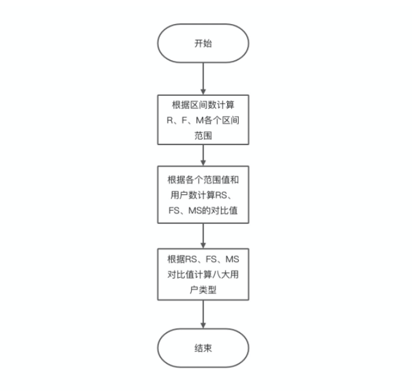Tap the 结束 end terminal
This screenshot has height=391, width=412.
pyautogui.click(x=203, y=348)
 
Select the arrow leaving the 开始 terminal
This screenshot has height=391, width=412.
pyautogui.click(x=203, y=77)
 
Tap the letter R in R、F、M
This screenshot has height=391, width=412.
pyautogui.click(x=170, y=119)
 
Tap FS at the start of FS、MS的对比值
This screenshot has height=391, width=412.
pyautogui.click(x=174, y=211)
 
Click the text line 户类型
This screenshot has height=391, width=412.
pyautogui.click(x=203, y=290)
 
